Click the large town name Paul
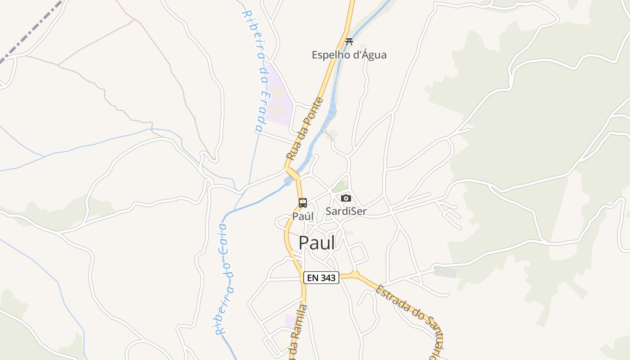coord(317,243)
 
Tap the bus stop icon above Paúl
coord(303,202)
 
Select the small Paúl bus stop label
coord(303,216)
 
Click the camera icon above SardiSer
coord(346,198)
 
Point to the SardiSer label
coord(346,211)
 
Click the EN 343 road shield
coord(321,278)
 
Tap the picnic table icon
coord(349,42)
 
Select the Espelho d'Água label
coord(349,55)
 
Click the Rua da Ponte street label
coord(305,129)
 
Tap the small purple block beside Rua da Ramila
coord(291,321)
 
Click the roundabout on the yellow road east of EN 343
coord(355,274)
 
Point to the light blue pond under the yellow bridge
coord(288,181)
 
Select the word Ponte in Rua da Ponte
coord(313,112)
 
